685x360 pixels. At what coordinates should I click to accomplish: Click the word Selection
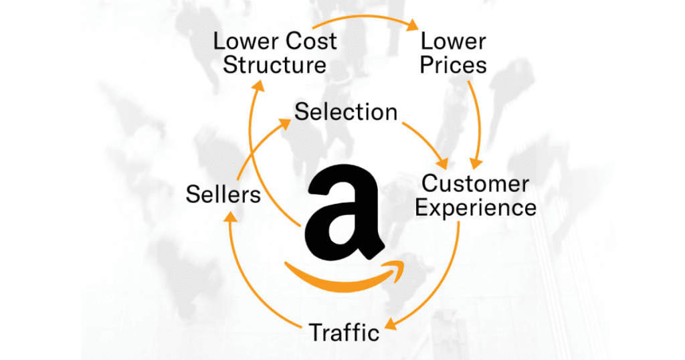click(x=346, y=111)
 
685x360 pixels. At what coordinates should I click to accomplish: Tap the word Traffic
click(x=344, y=331)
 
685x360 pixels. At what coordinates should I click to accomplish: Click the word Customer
click(x=476, y=183)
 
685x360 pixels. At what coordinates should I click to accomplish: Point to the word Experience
click(x=476, y=207)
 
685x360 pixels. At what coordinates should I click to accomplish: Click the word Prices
click(x=453, y=66)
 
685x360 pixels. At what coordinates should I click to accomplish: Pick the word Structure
click(x=275, y=66)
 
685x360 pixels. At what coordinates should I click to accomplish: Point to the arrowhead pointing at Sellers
click(x=231, y=216)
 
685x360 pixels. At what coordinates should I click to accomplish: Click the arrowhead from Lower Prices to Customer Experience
click(x=476, y=162)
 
